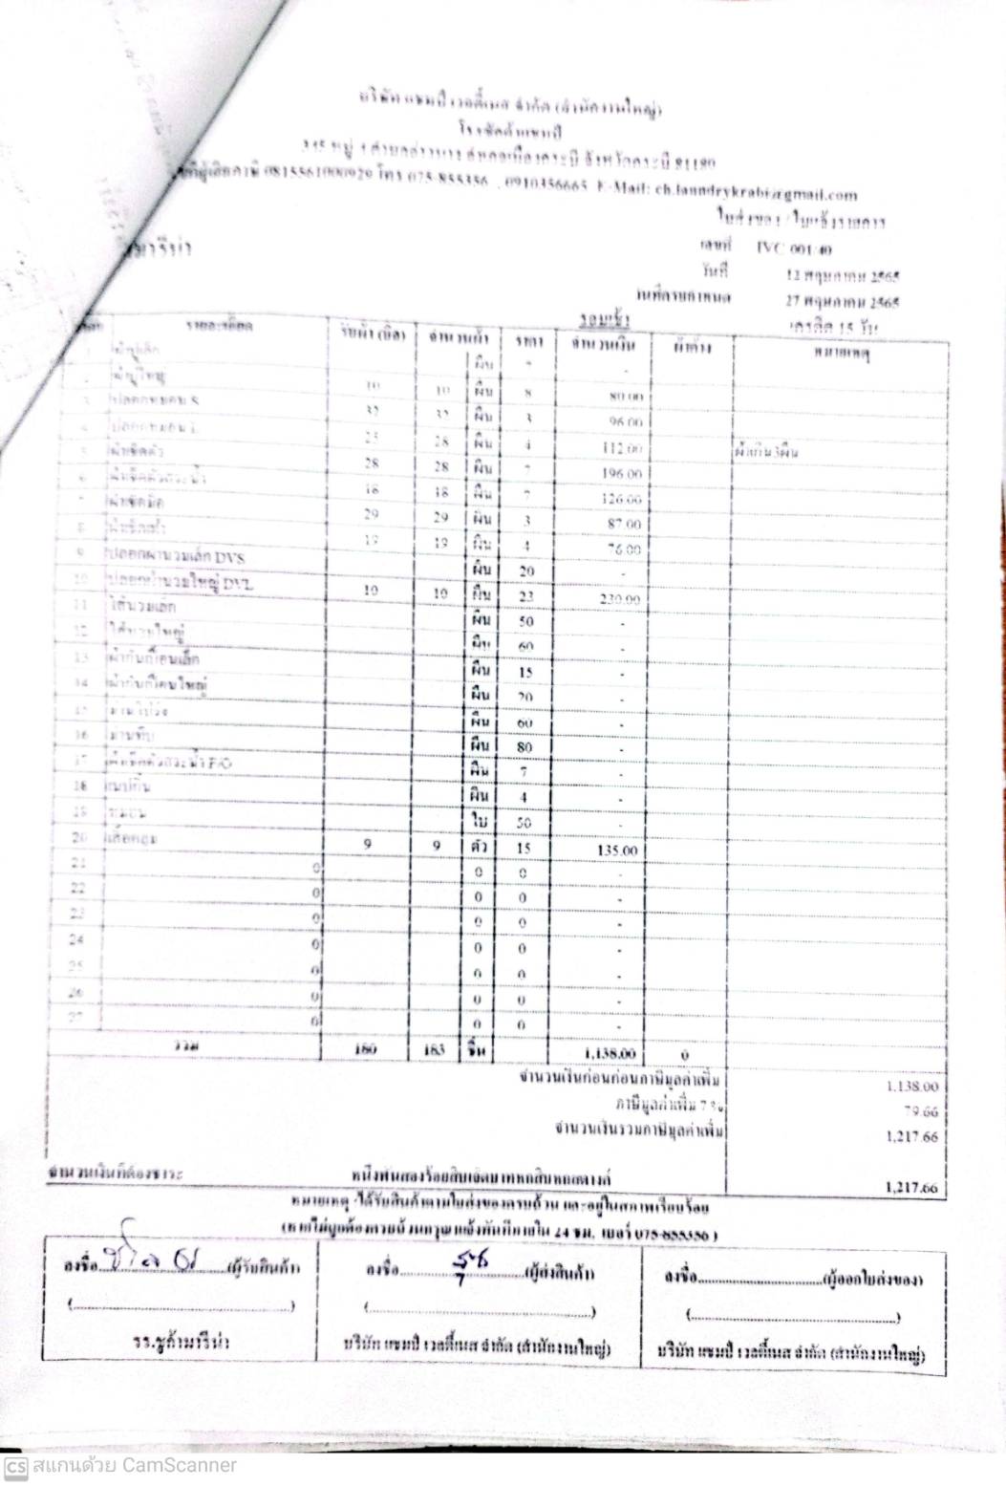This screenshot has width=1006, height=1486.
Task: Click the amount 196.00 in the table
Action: coord(621,474)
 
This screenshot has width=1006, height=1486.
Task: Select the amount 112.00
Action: coord(621,448)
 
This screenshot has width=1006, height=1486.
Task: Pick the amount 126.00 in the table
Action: coord(622,499)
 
